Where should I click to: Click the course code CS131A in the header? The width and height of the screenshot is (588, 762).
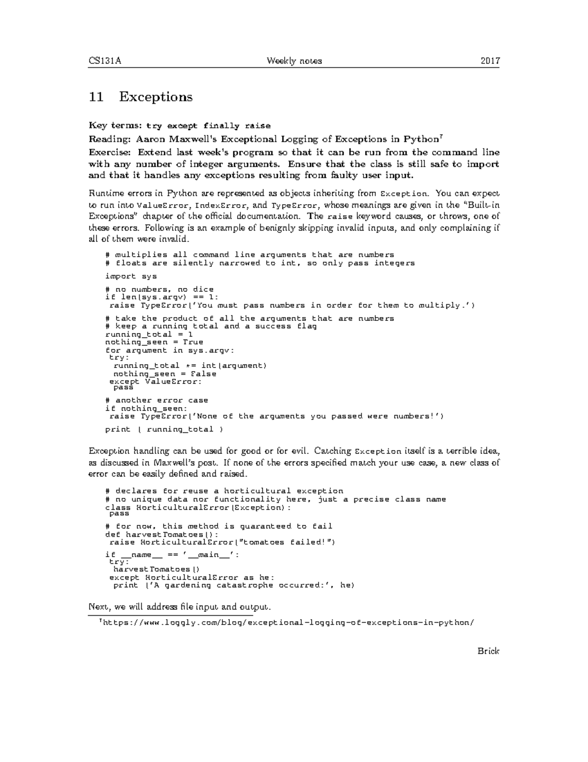[x=105, y=61]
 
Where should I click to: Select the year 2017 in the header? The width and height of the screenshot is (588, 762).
[x=490, y=61]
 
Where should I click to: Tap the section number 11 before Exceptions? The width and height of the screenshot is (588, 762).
[x=96, y=97]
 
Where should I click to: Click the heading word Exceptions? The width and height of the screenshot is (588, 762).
[x=155, y=97]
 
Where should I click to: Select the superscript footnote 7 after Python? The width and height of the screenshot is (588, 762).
[x=441, y=136]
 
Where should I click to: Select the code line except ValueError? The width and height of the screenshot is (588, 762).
[x=155, y=381]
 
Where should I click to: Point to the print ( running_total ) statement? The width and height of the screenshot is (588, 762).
[x=164, y=429]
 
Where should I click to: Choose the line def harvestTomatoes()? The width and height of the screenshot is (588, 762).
[x=162, y=534]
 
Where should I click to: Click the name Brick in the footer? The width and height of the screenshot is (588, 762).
[x=489, y=651]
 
